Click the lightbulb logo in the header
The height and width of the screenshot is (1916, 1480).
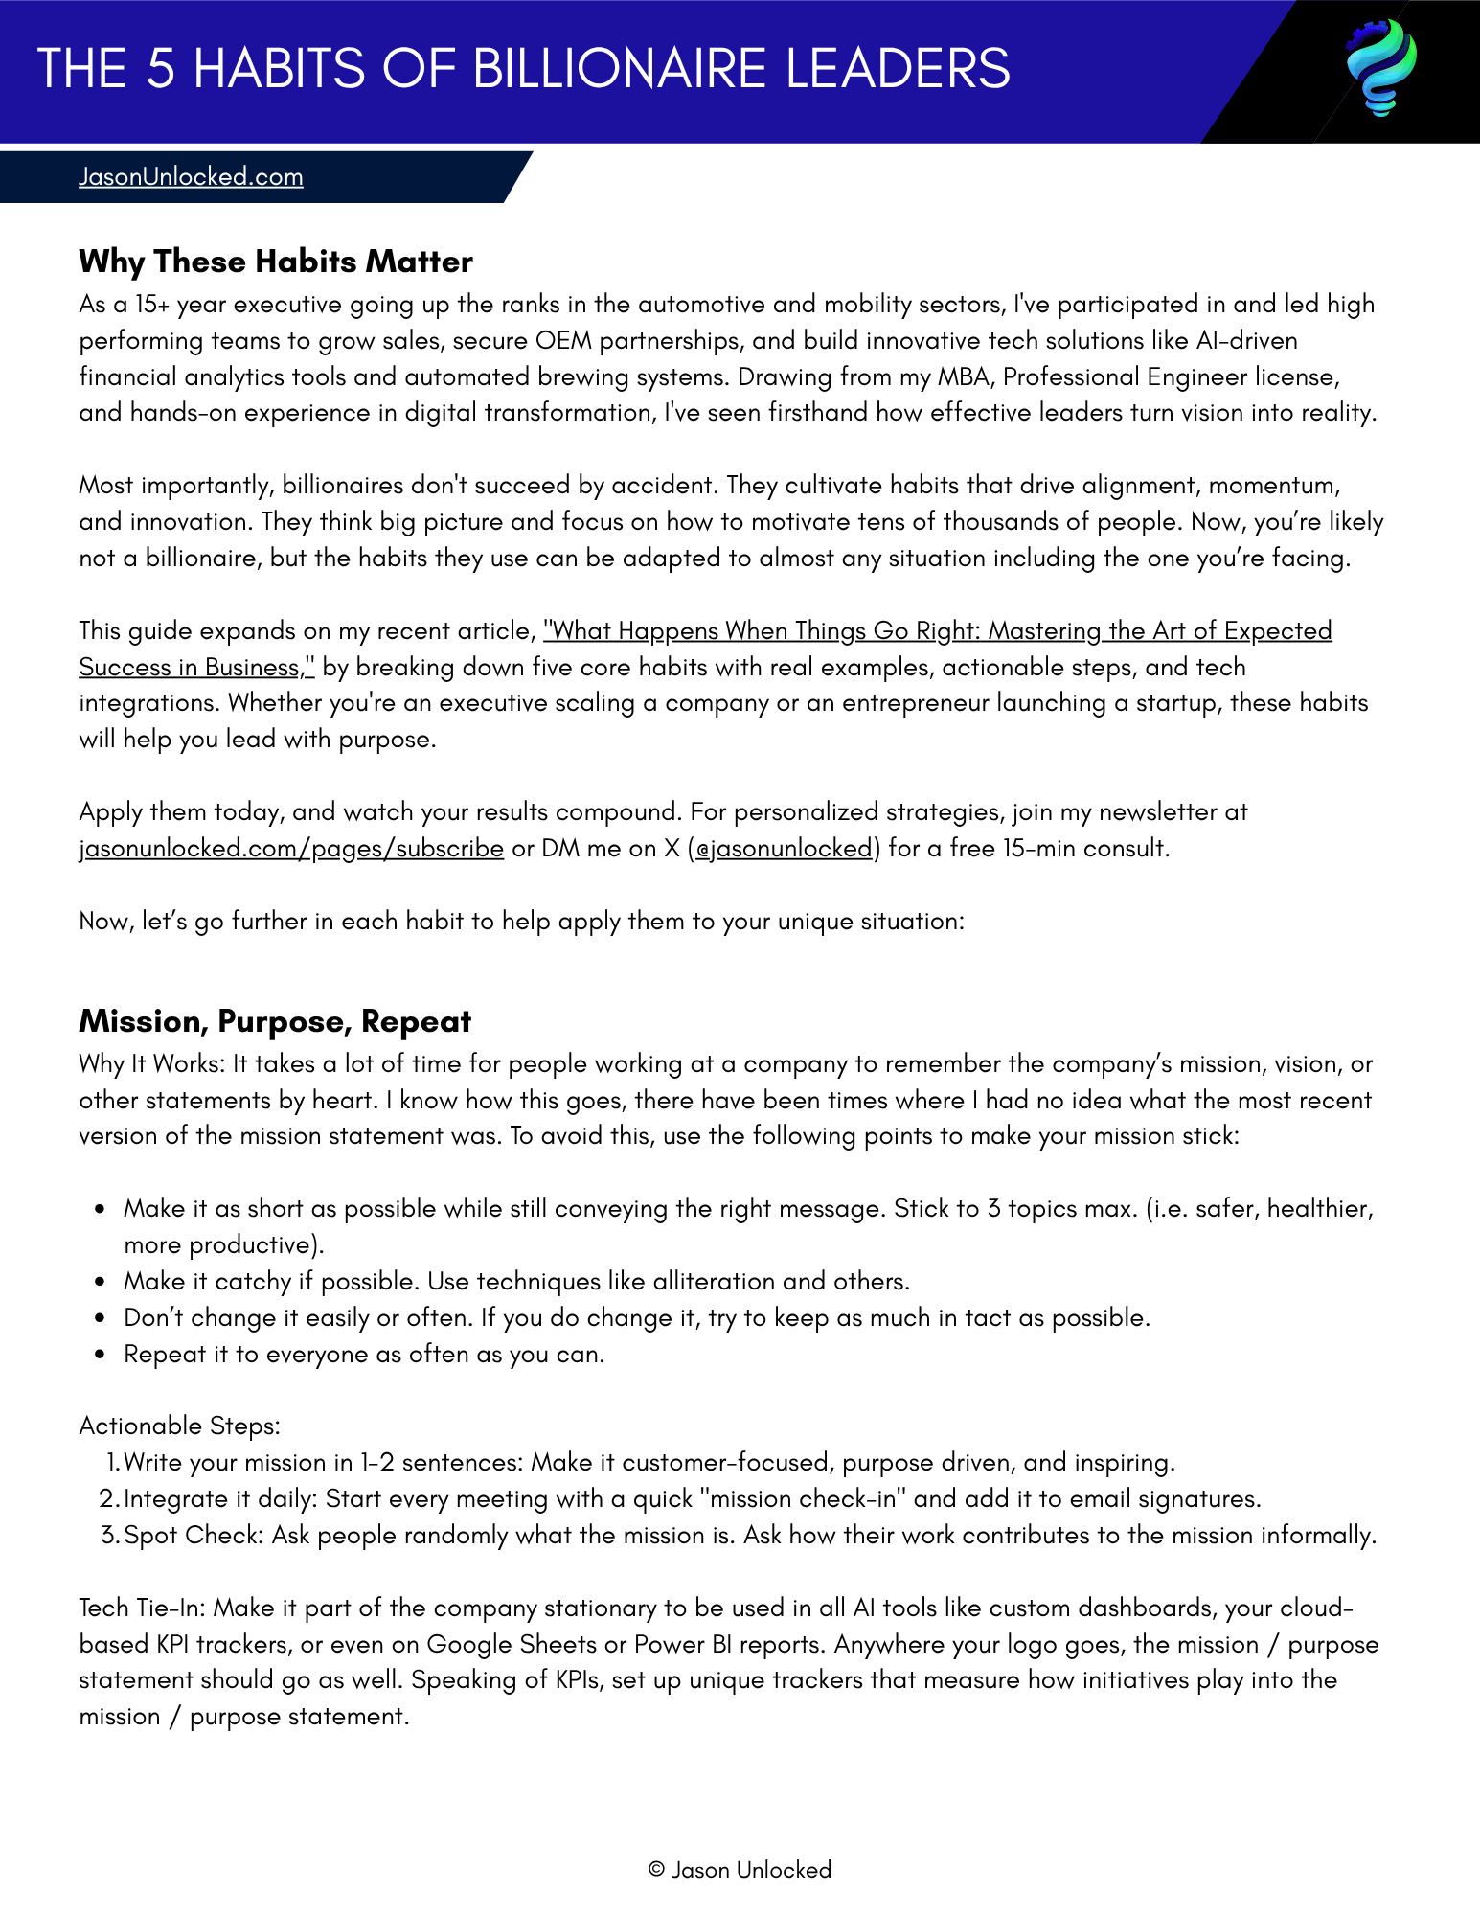tap(1380, 68)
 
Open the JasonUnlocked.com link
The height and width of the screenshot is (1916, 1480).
tap(191, 177)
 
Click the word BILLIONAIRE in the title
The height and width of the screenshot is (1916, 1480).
tap(620, 69)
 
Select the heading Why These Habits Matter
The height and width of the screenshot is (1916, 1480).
tap(276, 262)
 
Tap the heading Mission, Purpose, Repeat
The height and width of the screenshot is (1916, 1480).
tap(275, 1021)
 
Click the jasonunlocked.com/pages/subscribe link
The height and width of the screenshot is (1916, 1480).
tap(291, 849)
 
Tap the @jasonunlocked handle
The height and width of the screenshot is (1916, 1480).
tap(784, 849)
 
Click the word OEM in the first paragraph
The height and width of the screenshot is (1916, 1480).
tap(562, 341)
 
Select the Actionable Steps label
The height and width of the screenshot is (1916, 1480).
tap(179, 1426)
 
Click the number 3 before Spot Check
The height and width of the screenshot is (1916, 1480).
tap(108, 1536)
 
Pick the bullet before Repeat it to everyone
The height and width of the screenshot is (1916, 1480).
tap(100, 1355)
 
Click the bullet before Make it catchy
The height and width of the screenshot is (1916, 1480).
tap(100, 1282)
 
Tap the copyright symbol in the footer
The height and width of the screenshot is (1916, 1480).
tap(656, 1870)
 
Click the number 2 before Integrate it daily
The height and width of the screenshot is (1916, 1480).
tap(107, 1499)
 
